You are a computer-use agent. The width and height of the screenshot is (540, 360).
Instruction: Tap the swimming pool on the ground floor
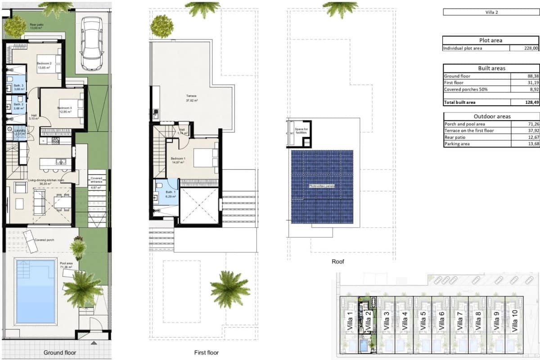(36, 291)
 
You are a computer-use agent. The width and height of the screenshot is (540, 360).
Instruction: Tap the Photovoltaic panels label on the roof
(321, 185)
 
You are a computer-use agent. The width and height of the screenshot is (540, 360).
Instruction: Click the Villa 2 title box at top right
(491, 12)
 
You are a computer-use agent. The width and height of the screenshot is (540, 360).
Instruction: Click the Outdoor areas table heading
(491, 117)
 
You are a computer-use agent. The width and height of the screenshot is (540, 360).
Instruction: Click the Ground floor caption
(60, 353)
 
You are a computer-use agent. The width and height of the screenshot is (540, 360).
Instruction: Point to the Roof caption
(337, 261)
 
